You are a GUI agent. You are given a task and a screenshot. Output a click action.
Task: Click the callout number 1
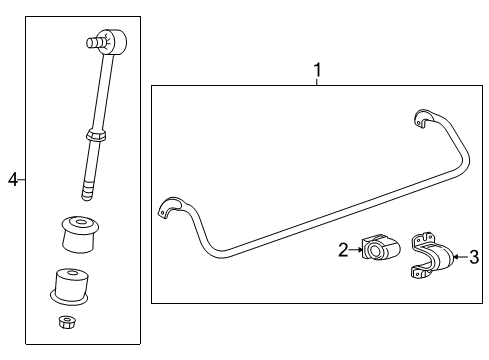317,70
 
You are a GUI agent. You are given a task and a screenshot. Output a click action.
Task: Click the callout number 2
342,250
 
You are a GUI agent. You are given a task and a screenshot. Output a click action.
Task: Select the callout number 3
474,257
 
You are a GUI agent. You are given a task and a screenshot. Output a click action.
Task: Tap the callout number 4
13,179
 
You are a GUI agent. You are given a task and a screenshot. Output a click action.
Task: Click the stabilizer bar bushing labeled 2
377,250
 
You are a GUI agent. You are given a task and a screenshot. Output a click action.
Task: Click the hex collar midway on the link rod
95,134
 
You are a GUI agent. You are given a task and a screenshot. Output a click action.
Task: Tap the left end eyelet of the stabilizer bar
169,209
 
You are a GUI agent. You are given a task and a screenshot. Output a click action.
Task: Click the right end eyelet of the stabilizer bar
423,119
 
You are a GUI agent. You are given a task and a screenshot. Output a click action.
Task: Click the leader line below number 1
317,82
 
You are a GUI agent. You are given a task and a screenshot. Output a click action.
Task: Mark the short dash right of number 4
23,179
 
